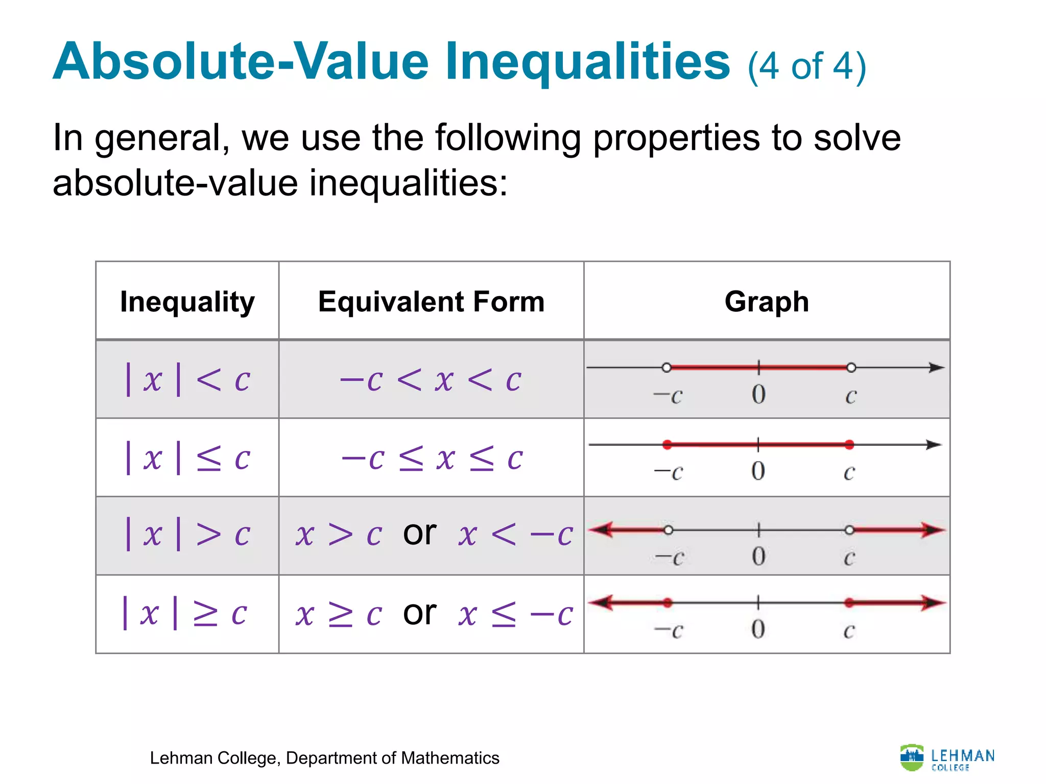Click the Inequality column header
[x=187, y=302]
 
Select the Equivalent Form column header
[x=431, y=302]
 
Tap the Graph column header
[x=767, y=302]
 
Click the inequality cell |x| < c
[x=187, y=379]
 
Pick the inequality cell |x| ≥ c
[x=185, y=613]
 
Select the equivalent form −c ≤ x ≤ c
[x=432, y=458]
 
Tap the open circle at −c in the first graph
[x=666, y=367]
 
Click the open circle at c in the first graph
[x=851, y=367]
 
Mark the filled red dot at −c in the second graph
[x=667, y=445]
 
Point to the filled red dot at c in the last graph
[x=849, y=603]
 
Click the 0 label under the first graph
[x=758, y=395]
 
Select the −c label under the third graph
[x=669, y=557]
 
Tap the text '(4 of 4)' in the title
[x=807, y=66]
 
